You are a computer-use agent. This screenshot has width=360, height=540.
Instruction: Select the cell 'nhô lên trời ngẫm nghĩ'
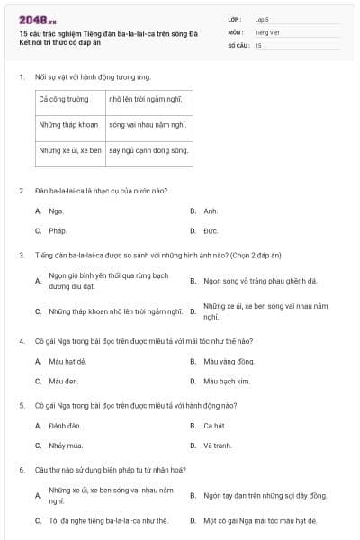[x=147, y=101]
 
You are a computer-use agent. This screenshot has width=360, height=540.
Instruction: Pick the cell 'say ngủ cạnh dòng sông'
[x=148, y=150]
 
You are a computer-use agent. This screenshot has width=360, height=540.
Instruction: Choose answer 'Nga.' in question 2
[x=56, y=211]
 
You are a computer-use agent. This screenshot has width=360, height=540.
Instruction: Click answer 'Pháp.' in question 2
[x=58, y=230]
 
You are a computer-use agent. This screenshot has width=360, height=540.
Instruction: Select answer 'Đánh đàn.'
[x=65, y=425]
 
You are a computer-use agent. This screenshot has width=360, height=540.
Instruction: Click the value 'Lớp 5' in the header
[x=261, y=19]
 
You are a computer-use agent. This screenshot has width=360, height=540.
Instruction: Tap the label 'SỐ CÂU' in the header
[x=238, y=44]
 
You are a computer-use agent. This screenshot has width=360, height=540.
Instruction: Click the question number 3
[x=21, y=255]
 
